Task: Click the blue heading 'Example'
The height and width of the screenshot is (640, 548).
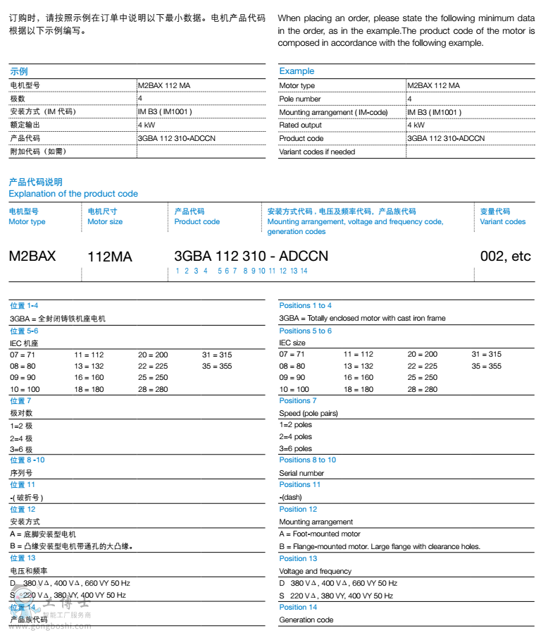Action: click(x=297, y=71)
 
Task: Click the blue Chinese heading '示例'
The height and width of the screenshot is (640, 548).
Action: click(x=19, y=72)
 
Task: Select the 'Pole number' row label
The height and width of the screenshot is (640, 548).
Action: click(x=300, y=99)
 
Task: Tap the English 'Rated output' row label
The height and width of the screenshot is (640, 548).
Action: click(x=301, y=125)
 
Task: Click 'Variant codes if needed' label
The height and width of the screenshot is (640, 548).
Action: click(x=317, y=152)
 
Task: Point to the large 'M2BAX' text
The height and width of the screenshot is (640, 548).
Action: click(x=32, y=256)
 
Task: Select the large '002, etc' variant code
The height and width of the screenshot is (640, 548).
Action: click(x=505, y=256)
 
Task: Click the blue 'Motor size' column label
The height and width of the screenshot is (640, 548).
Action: click(x=105, y=222)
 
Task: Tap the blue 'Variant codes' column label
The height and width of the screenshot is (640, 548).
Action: click(x=503, y=222)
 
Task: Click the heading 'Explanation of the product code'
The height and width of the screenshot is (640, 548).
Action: click(x=73, y=194)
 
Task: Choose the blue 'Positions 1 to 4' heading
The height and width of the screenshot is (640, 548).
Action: click(x=305, y=306)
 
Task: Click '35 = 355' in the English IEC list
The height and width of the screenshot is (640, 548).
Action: click(x=487, y=367)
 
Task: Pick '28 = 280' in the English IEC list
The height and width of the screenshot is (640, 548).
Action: click(x=423, y=390)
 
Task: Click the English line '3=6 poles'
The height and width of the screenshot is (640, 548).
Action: click(x=296, y=449)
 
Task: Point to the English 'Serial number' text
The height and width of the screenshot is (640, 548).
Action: click(x=301, y=474)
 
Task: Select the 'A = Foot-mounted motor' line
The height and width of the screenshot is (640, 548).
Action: click(x=320, y=534)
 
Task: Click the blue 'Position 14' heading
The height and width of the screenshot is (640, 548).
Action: click(x=298, y=608)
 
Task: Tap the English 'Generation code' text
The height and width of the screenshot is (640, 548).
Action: click(x=306, y=620)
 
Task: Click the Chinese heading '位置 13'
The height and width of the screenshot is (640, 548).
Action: click(x=23, y=558)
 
